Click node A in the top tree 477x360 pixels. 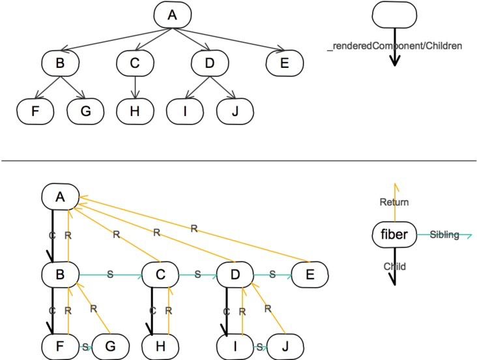click(173, 14)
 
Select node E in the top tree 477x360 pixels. click(284, 63)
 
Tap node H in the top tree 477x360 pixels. click(135, 111)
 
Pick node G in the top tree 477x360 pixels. click(85, 111)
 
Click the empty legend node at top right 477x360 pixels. click(394, 14)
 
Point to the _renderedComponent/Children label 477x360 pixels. click(394, 46)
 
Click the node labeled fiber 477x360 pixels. click(394, 235)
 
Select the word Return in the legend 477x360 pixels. click(394, 202)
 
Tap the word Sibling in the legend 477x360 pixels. click(444, 235)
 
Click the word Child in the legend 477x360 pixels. click(394, 267)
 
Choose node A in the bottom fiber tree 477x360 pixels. click(60, 197)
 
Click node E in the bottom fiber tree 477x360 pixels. click(310, 275)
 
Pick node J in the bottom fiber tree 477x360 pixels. click(285, 346)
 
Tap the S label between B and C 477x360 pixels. click(110, 275)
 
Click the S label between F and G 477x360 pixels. click(85, 347)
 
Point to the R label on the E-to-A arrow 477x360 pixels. click(194, 228)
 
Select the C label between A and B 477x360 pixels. click(52, 235)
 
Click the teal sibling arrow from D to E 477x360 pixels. click(272, 275)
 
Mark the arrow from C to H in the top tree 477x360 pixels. click(135, 87)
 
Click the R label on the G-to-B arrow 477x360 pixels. click(93, 308)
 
